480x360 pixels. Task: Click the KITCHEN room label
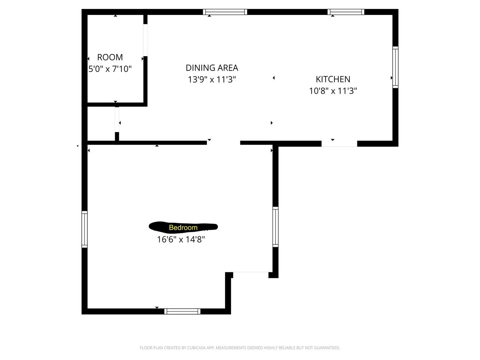tap(333, 79)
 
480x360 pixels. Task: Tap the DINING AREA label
tap(212, 68)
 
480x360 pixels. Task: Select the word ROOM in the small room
tap(110, 57)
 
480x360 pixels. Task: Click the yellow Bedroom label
tap(183, 227)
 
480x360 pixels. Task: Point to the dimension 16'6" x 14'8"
tap(181, 239)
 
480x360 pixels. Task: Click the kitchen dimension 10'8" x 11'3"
tap(333, 91)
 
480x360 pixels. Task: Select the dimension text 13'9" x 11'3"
tap(212, 79)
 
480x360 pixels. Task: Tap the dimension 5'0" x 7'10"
tap(110, 69)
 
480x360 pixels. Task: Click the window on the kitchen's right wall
tap(395, 67)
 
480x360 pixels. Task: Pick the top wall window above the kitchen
tap(346, 12)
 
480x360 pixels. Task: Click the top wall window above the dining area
tap(225, 12)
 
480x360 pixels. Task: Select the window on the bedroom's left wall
tap(84, 229)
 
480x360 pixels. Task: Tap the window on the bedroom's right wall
tap(276, 226)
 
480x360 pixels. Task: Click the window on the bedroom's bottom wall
tap(182, 311)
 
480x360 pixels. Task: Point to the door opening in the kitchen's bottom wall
tap(339, 143)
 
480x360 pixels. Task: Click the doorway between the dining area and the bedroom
tap(223, 142)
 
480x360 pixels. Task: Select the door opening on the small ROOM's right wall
tap(145, 40)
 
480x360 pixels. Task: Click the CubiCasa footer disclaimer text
tap(240, 348)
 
